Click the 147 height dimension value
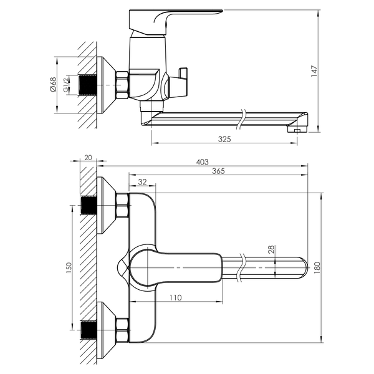[314, 71]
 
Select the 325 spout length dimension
[224, 139]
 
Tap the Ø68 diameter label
[53, 84]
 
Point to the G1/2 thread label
[66, 84]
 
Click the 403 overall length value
[202, 162]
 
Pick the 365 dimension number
[219, 171]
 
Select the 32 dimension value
[142, 182]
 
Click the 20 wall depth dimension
[88, 158]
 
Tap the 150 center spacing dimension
[69, 267]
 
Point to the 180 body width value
[317, 267]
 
